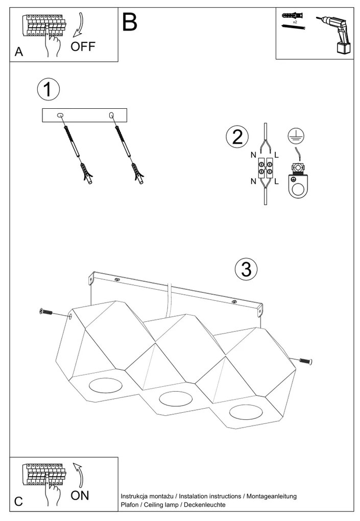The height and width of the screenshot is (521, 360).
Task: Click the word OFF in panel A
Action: (83, 47)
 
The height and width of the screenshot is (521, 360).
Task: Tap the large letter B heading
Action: (130, 22)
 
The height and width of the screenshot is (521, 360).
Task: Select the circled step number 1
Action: (48, 90)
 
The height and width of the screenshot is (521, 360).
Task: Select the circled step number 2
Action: (237, 136)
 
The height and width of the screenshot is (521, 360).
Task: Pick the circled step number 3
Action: (246, 269)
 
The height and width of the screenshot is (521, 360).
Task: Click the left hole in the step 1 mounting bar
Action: (60, 115)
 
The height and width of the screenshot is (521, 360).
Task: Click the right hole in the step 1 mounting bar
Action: (112, 116)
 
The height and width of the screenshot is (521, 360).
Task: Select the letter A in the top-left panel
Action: (19, 52)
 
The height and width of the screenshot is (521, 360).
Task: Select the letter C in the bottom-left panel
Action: (18, 502)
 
